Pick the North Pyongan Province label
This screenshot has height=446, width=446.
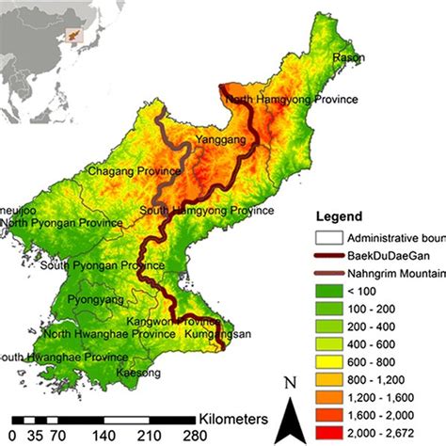click(62, 224)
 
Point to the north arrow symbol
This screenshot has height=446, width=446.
click(294, 405)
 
